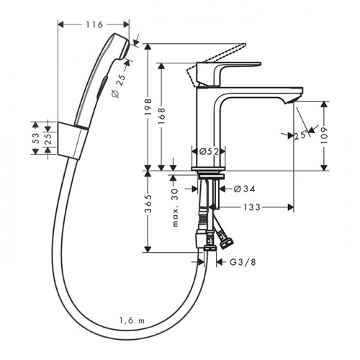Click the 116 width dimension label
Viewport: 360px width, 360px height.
(x=94, y=24)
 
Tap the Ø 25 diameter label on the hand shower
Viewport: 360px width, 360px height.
(x=119, y=86)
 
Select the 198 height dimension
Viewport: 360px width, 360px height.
(x=148, y=107)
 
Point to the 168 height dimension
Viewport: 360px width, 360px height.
(x=162, y=116)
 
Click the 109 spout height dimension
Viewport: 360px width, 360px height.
(x=324, y=135)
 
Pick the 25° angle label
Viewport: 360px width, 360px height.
(x=301, y=135)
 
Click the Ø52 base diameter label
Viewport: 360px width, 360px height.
(x=209, y=151)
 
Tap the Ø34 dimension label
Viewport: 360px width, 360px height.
(x=244, y=189)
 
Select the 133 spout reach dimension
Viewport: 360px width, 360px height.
(x=252, y=207)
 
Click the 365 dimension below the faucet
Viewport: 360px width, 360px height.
(x=148, y=204)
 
